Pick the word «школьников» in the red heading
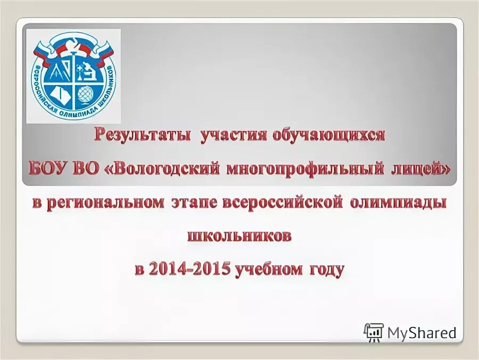(x=240, y=236)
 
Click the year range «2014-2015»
(x=189, y=269)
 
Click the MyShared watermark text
(x=422, y=333)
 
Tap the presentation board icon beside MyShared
(x=374, y=332)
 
